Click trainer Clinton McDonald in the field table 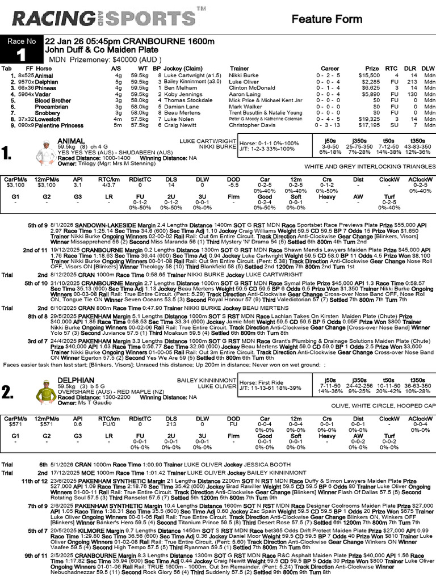pos(255,87)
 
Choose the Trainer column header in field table pos(239,68)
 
